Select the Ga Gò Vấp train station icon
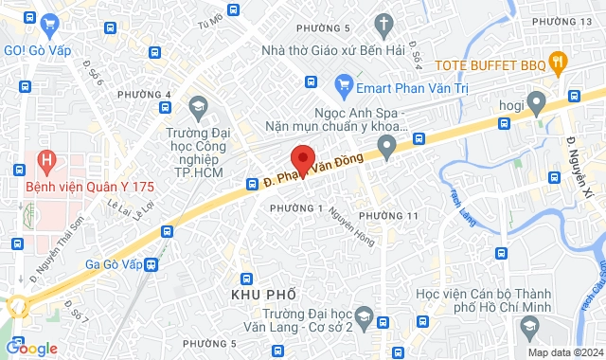tap(152, 265)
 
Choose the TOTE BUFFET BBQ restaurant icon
tap(559, 64)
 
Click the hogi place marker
tap(535, 99)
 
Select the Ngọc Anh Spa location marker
tap(385, 145)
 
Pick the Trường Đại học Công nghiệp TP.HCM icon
tap(197, 105)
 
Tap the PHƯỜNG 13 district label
tap(561, 21)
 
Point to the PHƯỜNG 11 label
tap(389, 216)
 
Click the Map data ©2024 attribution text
tap(563, 352)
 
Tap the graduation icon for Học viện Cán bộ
tap(527, 328)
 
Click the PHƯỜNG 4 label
tap(145, 95)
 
